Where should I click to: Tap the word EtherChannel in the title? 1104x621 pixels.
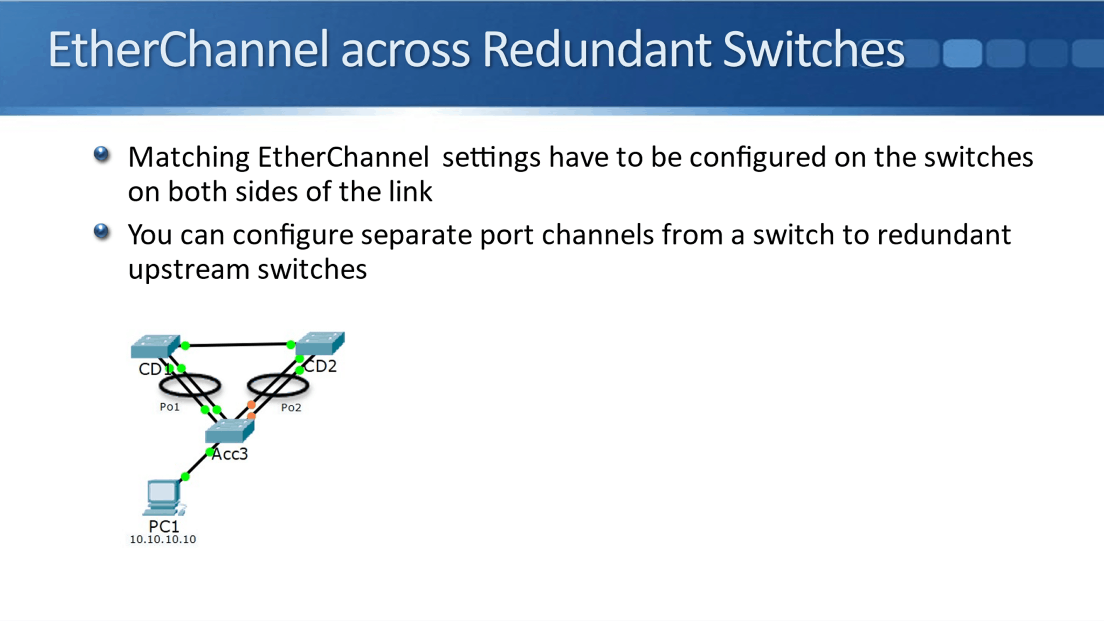[x=188, y=50]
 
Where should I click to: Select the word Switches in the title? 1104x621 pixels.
[x=813, y=50]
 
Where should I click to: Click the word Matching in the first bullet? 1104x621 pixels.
[x=188, y=157]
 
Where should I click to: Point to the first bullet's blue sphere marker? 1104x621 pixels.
[x=101, y=154]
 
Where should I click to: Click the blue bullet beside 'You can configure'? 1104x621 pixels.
[x=101, y=232]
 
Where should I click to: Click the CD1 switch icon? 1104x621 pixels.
[x=155, y=346]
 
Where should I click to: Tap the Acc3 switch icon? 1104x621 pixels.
[x=230, y=430]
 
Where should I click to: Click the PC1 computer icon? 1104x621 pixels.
[x=163, y=498]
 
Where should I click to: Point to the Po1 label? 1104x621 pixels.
[x=169, y=407]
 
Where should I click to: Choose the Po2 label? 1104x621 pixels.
[x=291, y=408]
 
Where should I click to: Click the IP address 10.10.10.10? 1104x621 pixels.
[x=163, y=540]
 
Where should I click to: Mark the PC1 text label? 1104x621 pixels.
[x=163, y=526]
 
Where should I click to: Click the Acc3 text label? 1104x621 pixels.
[x=230, y=454]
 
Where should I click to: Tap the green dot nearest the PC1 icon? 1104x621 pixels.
[x=185, y=477]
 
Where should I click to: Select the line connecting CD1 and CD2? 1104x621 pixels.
[x=238, y=344]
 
